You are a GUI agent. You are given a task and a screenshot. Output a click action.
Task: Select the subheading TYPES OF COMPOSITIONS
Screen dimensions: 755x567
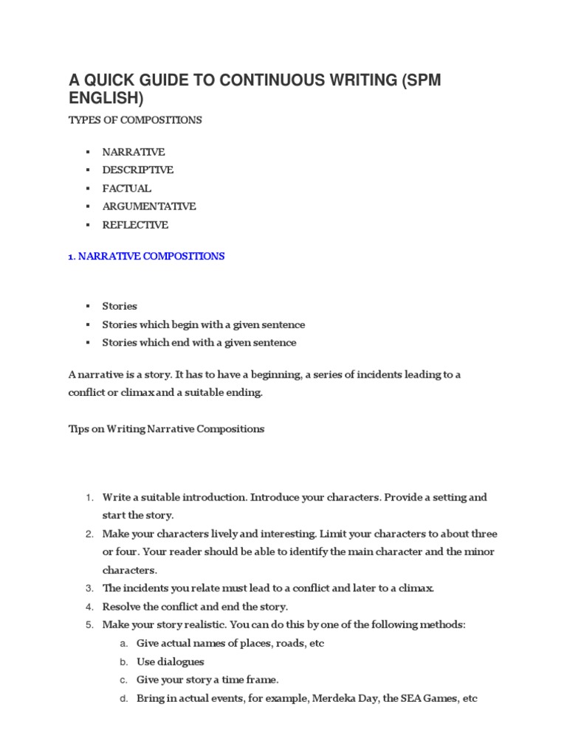135,119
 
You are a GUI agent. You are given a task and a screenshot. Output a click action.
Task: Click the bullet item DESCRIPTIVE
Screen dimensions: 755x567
137,170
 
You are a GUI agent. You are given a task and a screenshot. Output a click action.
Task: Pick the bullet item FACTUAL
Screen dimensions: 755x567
126,188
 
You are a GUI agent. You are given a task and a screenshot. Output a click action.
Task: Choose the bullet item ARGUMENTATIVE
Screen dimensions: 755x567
148,206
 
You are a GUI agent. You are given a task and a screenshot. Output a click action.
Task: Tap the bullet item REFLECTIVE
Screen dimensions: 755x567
135,225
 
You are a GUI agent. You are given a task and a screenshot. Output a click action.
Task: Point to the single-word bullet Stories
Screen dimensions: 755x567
120,306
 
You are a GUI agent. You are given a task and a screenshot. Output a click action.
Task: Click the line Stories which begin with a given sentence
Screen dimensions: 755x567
203,324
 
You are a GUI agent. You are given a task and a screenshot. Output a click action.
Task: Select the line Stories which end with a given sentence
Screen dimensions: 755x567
199,343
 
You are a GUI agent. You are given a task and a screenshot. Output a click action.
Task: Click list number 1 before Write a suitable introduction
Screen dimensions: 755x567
89,498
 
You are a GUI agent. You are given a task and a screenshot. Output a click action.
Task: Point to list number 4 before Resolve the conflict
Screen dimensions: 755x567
89,607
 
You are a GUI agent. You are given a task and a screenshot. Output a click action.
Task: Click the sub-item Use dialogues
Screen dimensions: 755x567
170,661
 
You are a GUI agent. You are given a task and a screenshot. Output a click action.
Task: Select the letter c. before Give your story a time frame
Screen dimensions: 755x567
124,680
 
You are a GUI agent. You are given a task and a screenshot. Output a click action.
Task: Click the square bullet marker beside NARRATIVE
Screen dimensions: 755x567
87,152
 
